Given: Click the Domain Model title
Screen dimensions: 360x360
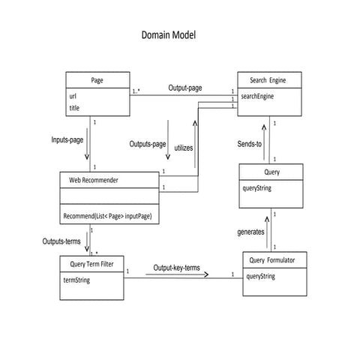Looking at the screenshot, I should coord(169,35).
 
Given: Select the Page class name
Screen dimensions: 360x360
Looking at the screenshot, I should coord(97,80).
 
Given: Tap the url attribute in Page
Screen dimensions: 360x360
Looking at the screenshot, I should coord(74,96).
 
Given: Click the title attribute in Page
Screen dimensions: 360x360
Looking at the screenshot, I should coord(75,108).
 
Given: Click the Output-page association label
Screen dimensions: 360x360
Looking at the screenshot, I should coord(184,88).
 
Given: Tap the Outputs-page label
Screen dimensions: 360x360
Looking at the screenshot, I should coord(147,144).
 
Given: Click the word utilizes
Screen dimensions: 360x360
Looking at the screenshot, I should coord(184,148).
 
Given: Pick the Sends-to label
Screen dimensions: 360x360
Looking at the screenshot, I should coord(248,143).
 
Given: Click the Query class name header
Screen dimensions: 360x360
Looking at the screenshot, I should coord(271,172).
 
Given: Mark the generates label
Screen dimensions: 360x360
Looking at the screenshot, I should coord(248,232).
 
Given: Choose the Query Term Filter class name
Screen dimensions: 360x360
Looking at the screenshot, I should coord(91,265).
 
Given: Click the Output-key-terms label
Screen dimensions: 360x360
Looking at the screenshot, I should coord(177,268).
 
